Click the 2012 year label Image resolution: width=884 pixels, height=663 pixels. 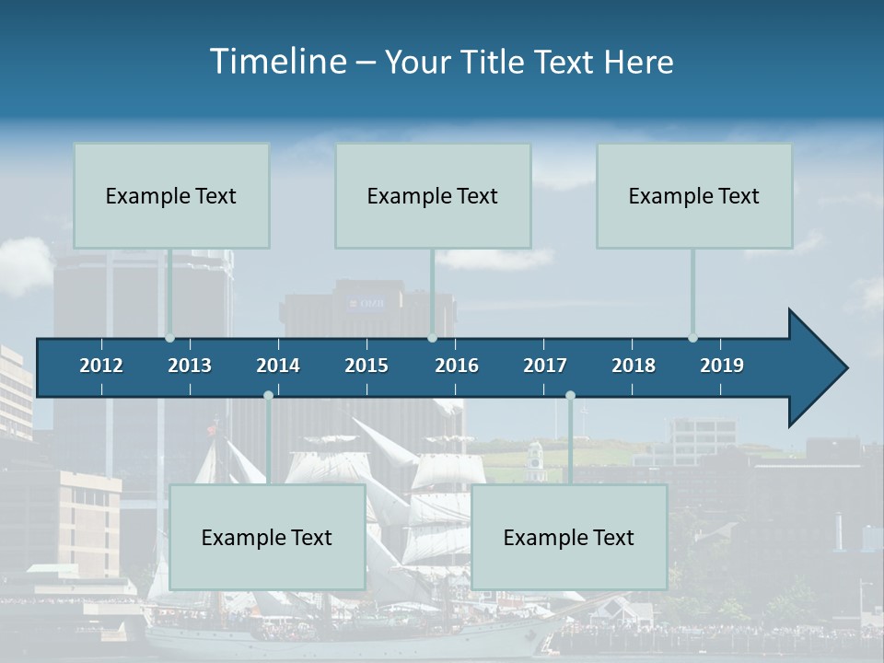101,366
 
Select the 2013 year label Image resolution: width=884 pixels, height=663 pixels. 190,366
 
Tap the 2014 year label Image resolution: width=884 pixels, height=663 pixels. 278,366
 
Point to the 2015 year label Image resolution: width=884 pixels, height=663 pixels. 366,366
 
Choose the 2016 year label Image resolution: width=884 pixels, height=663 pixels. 457,366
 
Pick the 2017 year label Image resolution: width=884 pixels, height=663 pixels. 545,366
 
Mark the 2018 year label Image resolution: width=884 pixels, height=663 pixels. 634,366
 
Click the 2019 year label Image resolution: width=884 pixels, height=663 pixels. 722,366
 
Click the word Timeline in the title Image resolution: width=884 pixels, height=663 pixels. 276,62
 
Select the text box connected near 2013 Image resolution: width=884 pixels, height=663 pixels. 171,195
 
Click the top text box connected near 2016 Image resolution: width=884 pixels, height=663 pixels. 433,195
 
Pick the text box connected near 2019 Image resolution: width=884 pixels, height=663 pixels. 694,195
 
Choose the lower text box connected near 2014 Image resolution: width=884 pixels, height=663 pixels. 267,537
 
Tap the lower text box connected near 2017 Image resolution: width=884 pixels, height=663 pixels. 569,537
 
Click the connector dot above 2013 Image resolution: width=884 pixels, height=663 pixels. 169,338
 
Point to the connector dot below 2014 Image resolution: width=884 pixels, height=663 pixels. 268,396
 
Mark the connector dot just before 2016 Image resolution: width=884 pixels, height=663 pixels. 432,338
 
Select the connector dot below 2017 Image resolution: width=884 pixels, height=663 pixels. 570,396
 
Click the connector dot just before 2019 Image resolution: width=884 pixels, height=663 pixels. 692,338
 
